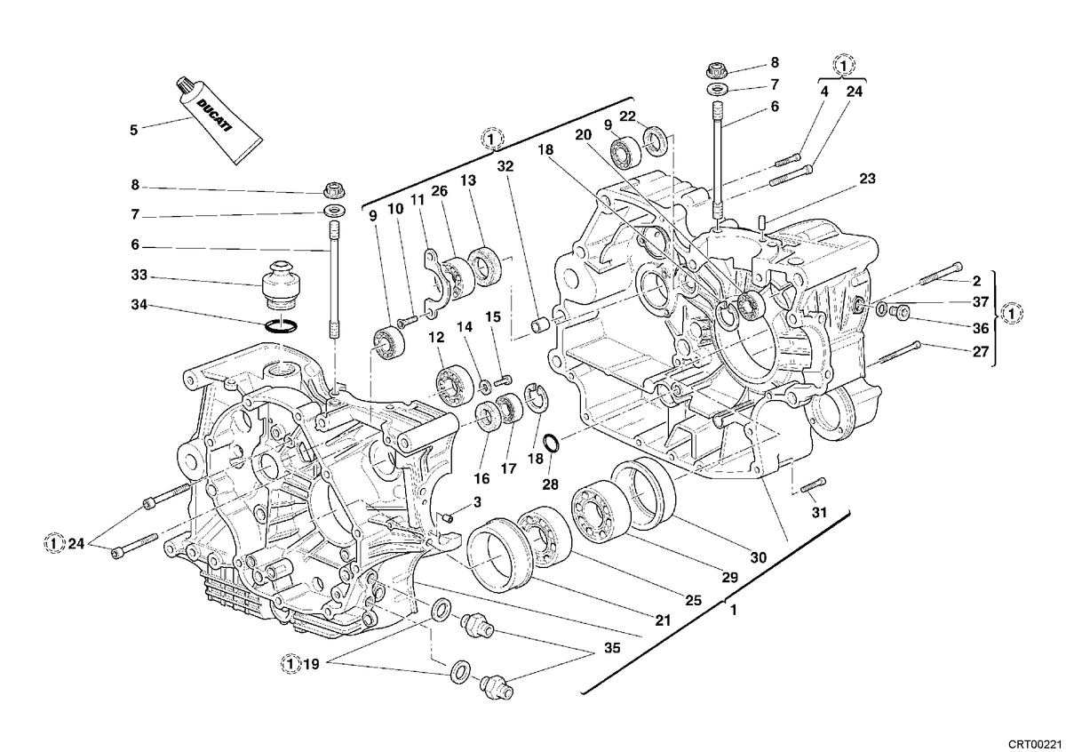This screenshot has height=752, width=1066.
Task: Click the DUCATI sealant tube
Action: pos(220,121)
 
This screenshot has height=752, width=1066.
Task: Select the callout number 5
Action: pos(134,130)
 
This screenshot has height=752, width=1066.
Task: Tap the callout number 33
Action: pos(139,276)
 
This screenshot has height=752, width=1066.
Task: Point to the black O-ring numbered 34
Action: pos(281,326)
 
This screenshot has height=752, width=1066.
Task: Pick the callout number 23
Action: pos(867,179)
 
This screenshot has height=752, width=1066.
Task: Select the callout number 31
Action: pos(818,512)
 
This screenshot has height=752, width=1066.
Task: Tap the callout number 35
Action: pos(612,648)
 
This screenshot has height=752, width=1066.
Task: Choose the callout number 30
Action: pos(758,557)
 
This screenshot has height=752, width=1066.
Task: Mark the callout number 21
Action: pos(663,620)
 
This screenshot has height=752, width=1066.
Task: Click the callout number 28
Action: pos(550,484)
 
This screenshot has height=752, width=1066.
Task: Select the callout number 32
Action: pos(505,166)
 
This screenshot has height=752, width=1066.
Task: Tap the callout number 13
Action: pos(468,180)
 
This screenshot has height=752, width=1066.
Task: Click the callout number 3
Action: pos(477,502)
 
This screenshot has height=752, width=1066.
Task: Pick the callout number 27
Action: pos(981,352)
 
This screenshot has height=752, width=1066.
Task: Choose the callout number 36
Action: pos(981,328)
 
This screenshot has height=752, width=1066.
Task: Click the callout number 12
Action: pos(436,338)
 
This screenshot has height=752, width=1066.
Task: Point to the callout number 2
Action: pos(976,281)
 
